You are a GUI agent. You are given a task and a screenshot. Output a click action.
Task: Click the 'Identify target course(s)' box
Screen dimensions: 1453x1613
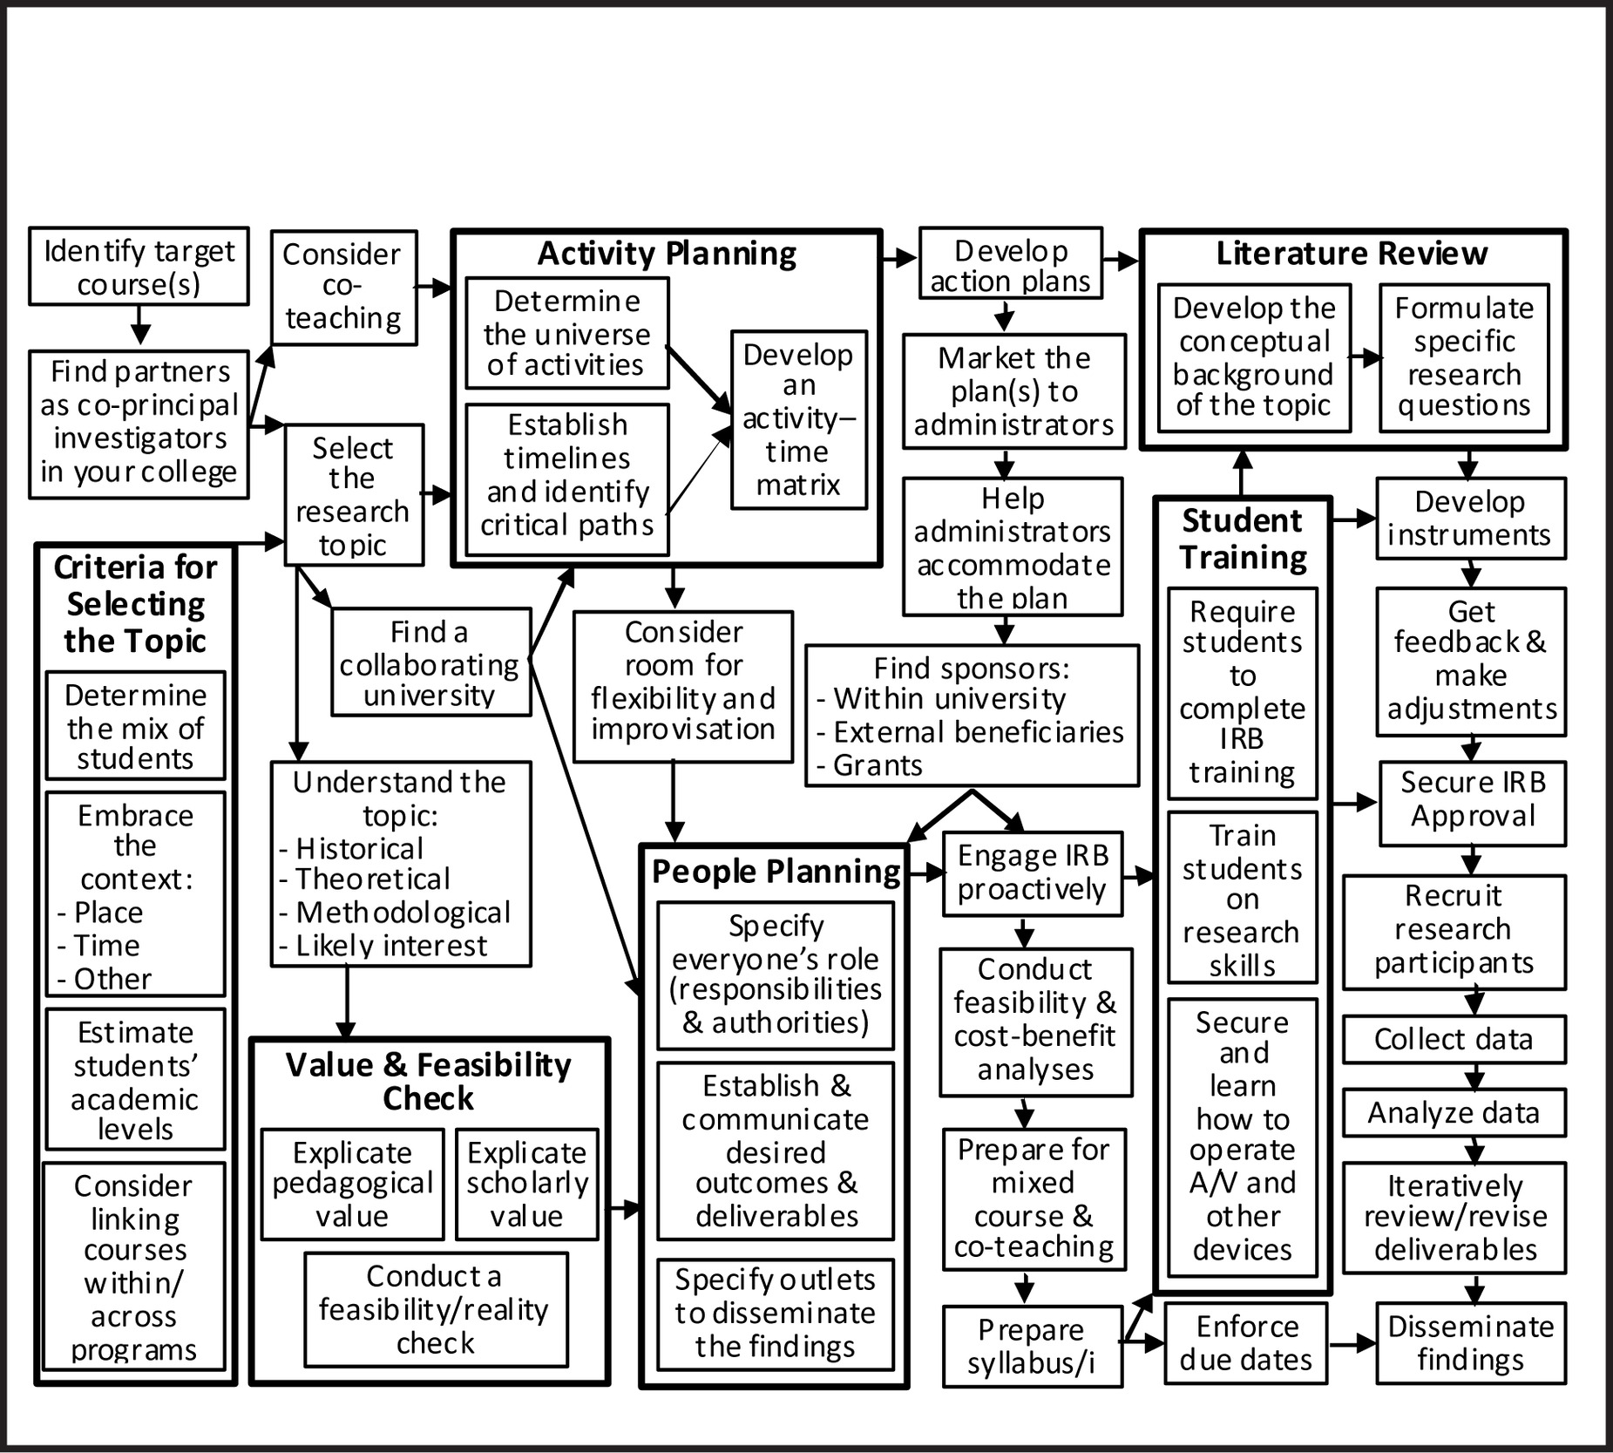pyautogui.click(x=139, y=267)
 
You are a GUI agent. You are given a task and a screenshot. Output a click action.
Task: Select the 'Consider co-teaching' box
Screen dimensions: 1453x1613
pyautogui.click(x=343, y=287)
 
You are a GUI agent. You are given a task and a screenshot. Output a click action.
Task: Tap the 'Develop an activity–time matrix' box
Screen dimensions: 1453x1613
pyautogui.click(x=798, y=419)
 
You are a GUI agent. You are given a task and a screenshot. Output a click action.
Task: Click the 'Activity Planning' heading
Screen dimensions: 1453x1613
pyautogui.click(x=667, y=254)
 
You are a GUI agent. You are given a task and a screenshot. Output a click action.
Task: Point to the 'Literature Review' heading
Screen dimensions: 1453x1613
pyautogui.click(x=1352, y=254)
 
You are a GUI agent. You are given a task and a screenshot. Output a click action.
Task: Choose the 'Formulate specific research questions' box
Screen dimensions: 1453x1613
pyautogui.click(x=1464, y=357)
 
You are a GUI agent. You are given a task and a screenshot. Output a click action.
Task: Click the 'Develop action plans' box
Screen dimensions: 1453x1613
pyautogui.click(x=1010, y=265)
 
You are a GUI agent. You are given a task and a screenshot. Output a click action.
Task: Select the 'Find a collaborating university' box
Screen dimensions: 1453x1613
pyautogui.click(x=430, y=662)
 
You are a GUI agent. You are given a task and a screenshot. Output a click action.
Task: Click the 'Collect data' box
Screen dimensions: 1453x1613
pyautogui.click(x=1453, y=1039)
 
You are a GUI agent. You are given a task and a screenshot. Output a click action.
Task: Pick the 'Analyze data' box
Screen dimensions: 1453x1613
pyautogui.click(x=1453, y=1113)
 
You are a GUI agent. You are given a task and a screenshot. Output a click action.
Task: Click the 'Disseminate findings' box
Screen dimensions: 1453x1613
pyautogui.click(x=1470, y=1343)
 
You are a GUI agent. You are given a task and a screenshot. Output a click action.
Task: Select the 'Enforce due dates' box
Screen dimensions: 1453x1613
pyautogui.click(x=1245, y=1343)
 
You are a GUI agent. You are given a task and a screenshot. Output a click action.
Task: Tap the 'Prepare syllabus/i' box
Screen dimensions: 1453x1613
pyautogui.click(x=1032, y=1347)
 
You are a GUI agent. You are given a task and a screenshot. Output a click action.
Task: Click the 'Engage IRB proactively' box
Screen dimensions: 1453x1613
pyautogui.click(x=1032, y=872)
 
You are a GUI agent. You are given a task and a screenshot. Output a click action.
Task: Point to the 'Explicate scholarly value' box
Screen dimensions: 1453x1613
pyautogui.click(x=527, y=1184)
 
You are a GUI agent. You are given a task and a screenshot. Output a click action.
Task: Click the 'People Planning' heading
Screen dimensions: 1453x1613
pyautogui.click(x=776, y=872)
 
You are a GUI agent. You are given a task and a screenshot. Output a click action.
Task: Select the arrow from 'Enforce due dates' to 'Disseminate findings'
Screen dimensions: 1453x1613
pyautogui.click(x=1352, y=1343)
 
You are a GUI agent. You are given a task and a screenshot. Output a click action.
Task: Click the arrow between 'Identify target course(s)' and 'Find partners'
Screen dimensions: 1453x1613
pyautogui.click(x=139, y=328)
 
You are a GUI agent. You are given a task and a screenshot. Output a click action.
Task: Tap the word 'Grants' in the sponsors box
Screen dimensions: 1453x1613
pyautogui.click(x=878, y=765)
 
